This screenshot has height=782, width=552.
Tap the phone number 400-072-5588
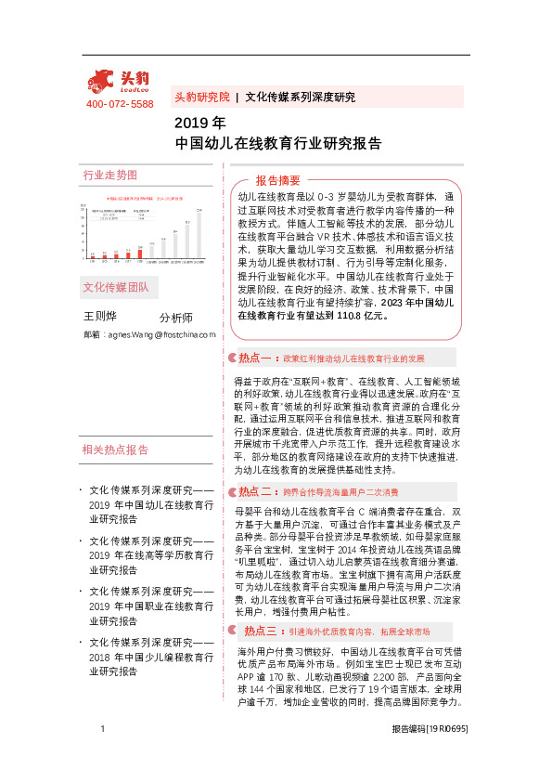[x=120, y=104]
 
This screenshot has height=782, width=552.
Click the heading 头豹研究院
[x=201, y=97]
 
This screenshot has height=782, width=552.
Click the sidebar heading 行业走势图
[x=109, y=175]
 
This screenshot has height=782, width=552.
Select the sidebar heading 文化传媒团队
[x=115, y=286]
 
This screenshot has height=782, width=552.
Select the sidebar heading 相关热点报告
[x=115, y=450]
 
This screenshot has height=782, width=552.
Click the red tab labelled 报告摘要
[x=277, y=179]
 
